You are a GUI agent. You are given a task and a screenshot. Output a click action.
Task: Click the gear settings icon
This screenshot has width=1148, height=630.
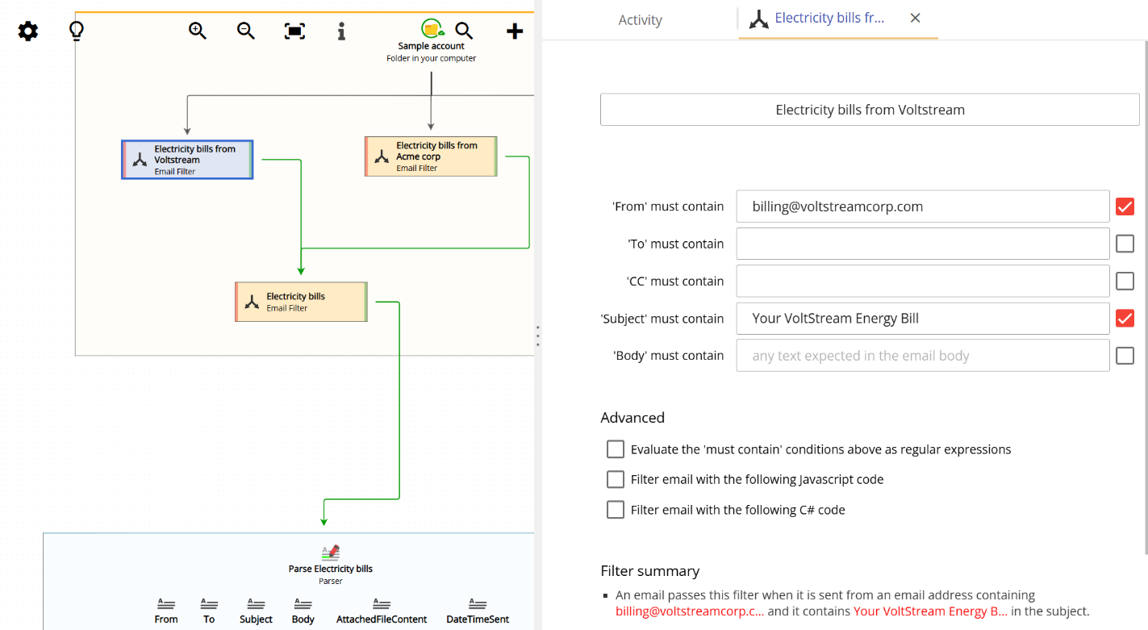click(x=28, y=31)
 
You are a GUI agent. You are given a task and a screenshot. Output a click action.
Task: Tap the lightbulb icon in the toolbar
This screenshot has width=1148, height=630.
click(x=77, y=31)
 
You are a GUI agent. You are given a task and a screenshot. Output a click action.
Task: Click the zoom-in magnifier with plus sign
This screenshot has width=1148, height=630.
click(x=198, y=31)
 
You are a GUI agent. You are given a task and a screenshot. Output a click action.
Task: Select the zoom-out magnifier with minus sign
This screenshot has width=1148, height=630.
click(x=246, y=31)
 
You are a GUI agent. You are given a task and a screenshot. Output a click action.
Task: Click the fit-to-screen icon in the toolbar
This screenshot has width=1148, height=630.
click(x=294, y=31)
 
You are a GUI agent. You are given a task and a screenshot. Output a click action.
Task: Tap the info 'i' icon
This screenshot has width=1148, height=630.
click(x=341, y=31)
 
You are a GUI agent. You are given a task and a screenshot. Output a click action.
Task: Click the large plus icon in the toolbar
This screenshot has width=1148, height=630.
click(x=515, y=31)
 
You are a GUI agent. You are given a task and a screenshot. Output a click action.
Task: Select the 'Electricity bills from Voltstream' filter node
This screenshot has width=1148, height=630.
click(x=187, y=160)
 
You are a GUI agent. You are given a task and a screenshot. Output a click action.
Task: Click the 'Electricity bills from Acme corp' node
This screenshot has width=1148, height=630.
click(x=431, y=156)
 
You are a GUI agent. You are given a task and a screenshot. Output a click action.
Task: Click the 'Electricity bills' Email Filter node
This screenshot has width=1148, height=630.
click(x=301, y=302)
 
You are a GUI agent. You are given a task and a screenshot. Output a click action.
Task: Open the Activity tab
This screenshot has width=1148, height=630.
click(x=640, y=20)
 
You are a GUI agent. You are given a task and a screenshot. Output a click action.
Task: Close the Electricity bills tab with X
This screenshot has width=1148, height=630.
click(x=915, y=18)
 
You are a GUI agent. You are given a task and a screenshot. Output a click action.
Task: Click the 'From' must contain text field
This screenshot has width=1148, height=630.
click(x=922, y=207)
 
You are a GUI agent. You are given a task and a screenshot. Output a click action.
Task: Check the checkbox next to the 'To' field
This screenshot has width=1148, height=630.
click(x=1125, y=244)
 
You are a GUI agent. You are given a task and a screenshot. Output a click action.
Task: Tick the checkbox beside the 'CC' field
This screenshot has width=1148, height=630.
click(x=1125, y=281)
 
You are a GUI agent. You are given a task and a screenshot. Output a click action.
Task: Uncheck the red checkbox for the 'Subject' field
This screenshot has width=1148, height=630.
click(x=1125, y=319)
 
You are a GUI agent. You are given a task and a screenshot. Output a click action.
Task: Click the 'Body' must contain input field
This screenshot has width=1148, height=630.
click(x=922, y=356)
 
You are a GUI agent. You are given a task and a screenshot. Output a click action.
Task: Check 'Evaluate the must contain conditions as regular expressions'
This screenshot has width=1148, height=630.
click(x=616, y=449)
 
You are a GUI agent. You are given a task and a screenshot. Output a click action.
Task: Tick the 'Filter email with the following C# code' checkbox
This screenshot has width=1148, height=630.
click(x=616, y=510)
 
